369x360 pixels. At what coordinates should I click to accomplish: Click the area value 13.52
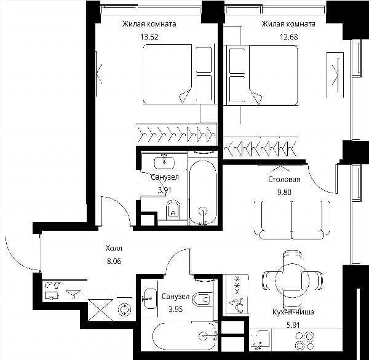tap(149, 37)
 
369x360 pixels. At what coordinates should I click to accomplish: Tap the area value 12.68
tap(289, 37)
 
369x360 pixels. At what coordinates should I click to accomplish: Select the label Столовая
tap(284, 180)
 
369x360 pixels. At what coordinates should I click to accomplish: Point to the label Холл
tap(114, 249)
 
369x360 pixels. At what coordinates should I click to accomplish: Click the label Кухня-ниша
tap(293, 312)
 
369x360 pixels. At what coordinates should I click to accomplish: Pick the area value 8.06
tap(114, 261)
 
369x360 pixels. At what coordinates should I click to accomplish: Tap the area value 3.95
tap(175, 309)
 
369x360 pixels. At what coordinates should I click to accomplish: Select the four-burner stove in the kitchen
tap(305, 341)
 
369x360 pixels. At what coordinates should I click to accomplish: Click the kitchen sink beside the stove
tap(260, 339)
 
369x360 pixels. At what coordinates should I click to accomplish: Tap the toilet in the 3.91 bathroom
tap(173, 210)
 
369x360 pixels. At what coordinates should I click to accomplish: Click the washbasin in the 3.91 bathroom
tap(164, 162)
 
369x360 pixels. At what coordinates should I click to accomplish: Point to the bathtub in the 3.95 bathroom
tap(184, 336)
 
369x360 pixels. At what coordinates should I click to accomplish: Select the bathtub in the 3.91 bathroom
tap(203, 193)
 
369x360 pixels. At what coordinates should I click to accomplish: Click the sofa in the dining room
tap(292, 220)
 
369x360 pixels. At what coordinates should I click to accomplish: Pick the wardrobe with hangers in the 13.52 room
tap(177, 135)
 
